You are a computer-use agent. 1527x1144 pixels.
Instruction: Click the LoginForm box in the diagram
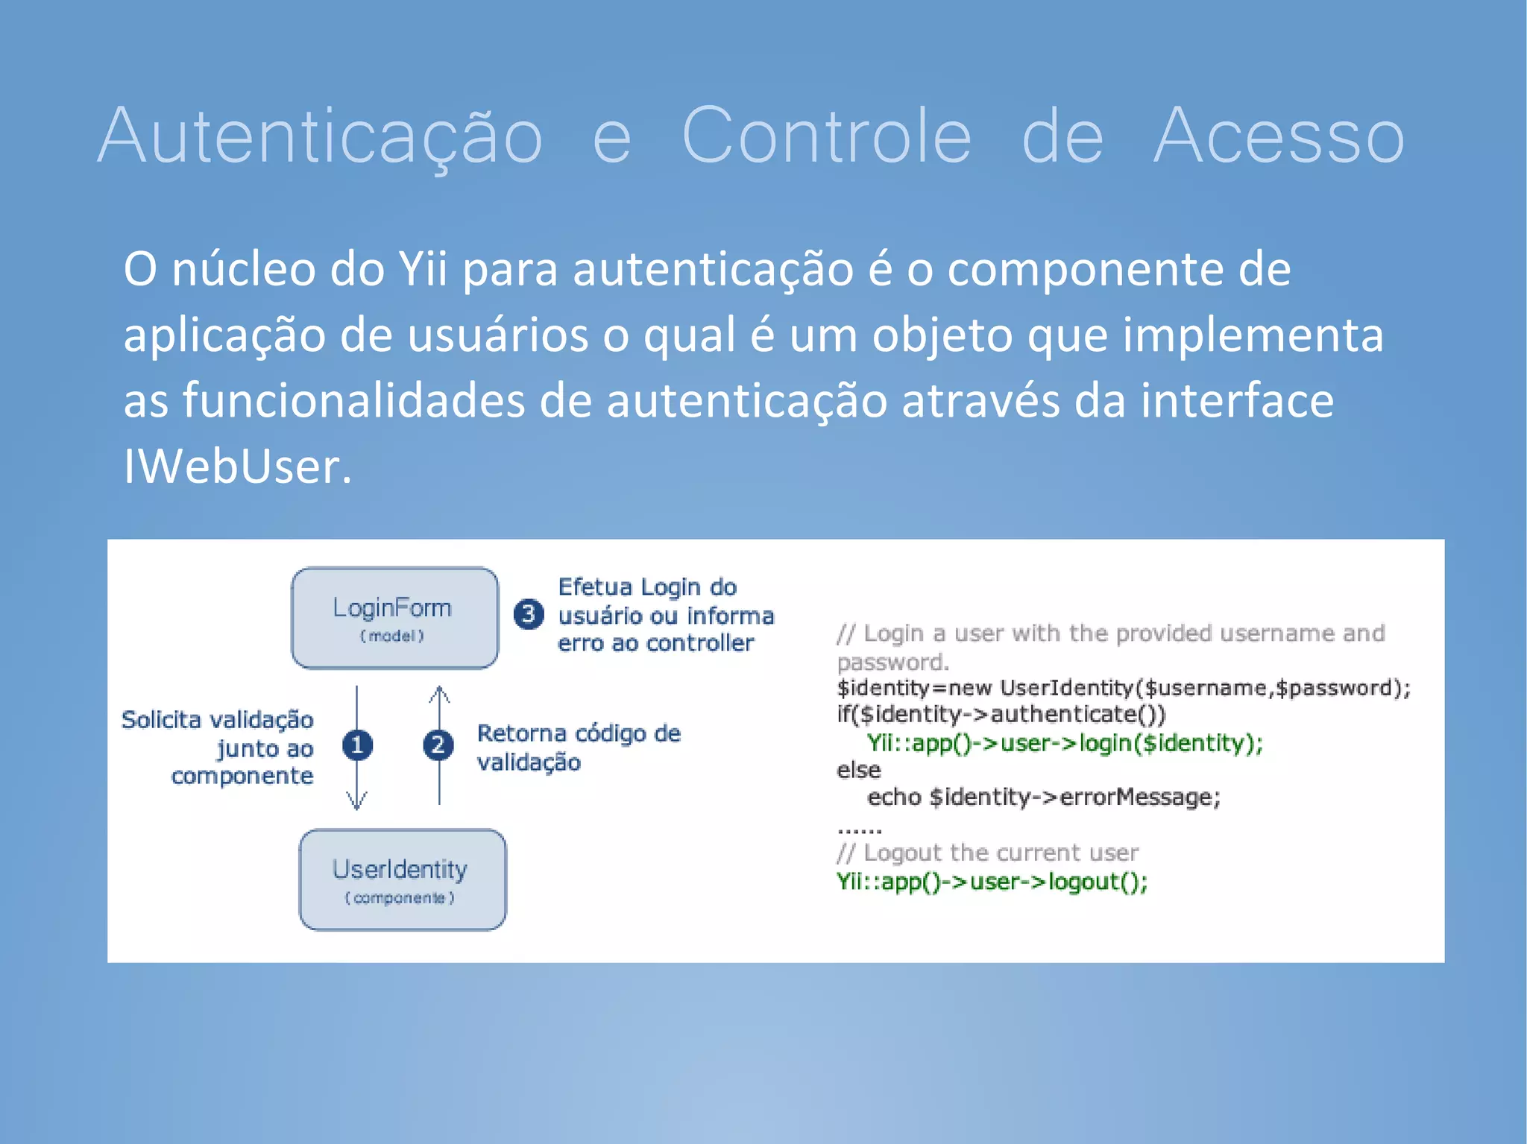point(394,617)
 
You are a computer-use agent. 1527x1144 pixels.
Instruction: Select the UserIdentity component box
point(402,879)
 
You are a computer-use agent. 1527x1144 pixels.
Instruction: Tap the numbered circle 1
point(357,745)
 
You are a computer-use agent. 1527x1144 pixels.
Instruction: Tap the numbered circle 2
point(438,745)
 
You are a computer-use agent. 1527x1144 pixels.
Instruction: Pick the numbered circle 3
point(529,614)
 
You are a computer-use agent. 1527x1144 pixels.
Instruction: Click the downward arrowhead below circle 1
point(357,801)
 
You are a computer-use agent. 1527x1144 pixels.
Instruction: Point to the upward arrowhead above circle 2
point(439,695)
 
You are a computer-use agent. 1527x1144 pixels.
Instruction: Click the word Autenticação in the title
point(321,136)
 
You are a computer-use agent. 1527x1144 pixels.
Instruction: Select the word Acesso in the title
point(1278,136)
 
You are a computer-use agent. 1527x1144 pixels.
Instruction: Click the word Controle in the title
point(826,136)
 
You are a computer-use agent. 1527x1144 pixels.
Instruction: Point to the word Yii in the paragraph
point(423,269)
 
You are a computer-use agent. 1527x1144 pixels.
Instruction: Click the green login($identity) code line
point(1064,743)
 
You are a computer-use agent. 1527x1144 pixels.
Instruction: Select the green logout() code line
point(992,882)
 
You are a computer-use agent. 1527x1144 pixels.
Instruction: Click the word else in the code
point(858,770)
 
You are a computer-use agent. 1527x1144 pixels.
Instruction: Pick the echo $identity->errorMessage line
point(1043,797)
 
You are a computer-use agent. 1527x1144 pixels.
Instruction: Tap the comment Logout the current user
point(987,853)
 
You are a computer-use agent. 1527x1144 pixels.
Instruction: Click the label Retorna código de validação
point(578,748)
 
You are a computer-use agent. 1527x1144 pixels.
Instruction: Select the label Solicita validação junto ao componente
point(218,748)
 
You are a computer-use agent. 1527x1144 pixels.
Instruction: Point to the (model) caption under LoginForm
point(392,636)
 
